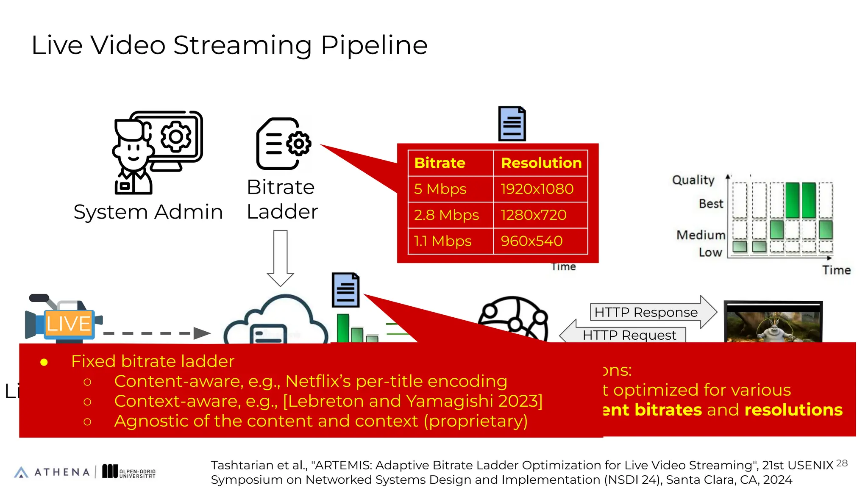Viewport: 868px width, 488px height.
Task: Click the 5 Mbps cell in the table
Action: pos(440,189)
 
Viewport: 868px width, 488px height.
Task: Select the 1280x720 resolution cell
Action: pos(533,215)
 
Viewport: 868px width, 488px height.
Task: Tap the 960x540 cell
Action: pos(531,241)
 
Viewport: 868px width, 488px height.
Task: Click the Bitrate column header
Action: pos(440,163)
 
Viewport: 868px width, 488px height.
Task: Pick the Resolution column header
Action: pos(541,163)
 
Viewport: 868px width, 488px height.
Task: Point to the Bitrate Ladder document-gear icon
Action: pos(283,144)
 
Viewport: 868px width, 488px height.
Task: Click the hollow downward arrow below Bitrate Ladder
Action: pos(280,258)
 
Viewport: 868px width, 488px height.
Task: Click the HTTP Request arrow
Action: pos(623,335)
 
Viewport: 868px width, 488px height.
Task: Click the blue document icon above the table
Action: pos(512,124)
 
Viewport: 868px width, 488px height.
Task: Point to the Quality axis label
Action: pos(693,180)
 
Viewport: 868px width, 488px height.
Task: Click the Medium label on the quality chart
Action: pos(701,235)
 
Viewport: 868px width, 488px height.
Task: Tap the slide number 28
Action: pos(842,463)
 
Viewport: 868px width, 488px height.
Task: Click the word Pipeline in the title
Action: pos(374,46)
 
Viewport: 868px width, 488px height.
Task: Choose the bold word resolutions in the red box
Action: pos(793,410)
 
